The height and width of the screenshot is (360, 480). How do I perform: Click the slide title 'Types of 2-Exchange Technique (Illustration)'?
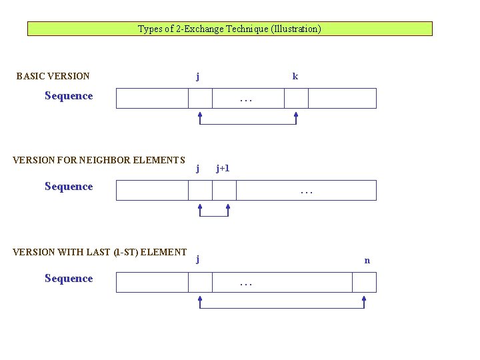click(x=229, y=29)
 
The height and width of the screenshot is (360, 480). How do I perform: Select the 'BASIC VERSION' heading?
click(x=53, y=76)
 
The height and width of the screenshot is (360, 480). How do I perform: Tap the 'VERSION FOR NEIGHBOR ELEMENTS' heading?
click(x=99, y=160)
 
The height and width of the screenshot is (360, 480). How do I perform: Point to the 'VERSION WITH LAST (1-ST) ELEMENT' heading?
click(x=99, y=252)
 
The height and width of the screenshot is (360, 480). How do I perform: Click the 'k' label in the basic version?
click(x=295, y=77)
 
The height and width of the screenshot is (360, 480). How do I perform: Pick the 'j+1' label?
click(x=223, y=169)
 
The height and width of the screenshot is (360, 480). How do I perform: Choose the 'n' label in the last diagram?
click(x=367, y=261)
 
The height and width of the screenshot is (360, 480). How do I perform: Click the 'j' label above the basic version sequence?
click(x=198, y=77)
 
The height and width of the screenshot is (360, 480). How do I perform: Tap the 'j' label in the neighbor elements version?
click(x=198, y=169)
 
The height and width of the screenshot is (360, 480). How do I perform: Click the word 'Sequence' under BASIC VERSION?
click(x=69, y=96)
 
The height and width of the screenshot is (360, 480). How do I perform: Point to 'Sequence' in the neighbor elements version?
click(x=69, y=187)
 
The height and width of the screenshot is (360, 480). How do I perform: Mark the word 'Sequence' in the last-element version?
click(x=69, y=279)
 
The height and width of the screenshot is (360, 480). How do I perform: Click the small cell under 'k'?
click(x=296, y=98)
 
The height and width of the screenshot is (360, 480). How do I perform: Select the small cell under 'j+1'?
click(x=224, y=190)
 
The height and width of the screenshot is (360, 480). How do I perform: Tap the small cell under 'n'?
click(x=364, y=282)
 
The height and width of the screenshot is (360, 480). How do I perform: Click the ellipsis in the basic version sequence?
click(x=246, y=101)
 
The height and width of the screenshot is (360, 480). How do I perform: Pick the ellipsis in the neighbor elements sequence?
click(x=306, y=193)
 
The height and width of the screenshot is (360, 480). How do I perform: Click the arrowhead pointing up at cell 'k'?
click(x=296, y=115)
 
